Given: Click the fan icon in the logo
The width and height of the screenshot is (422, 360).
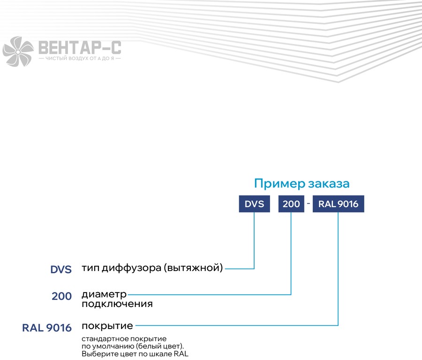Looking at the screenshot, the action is tap(18, 52).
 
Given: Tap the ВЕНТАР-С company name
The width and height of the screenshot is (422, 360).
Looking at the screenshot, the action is tap(80, 48).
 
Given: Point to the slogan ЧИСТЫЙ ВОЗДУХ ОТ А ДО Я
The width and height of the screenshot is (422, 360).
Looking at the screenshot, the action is tap(80, 59).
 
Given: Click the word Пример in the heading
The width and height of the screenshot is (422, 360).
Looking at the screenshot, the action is tap(279, 184).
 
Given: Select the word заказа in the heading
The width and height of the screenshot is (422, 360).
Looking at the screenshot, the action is tap(329, 184).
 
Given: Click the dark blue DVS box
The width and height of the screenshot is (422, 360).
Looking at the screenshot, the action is tap(254, 204).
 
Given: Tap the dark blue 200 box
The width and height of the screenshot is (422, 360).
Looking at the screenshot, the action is tap(291, 204).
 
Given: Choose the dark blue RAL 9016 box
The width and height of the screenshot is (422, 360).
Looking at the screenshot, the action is tap(338, 204).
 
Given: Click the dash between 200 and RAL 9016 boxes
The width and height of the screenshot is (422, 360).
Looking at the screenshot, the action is tap(309, 203).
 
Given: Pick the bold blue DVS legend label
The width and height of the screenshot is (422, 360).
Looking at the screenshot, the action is tap(61, 270).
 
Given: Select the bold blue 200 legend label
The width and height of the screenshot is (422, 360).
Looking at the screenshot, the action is tap(61, 296).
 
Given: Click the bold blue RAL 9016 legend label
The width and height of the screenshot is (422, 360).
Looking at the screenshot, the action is tap(47, 328).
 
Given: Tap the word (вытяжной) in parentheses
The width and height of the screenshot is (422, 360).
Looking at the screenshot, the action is tap(193, 268).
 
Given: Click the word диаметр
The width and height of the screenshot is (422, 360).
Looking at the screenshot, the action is tap(104, 295).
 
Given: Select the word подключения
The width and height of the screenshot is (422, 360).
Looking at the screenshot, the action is tap(117, 304).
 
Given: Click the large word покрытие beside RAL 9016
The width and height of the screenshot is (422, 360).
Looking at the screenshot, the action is tap(107, 326).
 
